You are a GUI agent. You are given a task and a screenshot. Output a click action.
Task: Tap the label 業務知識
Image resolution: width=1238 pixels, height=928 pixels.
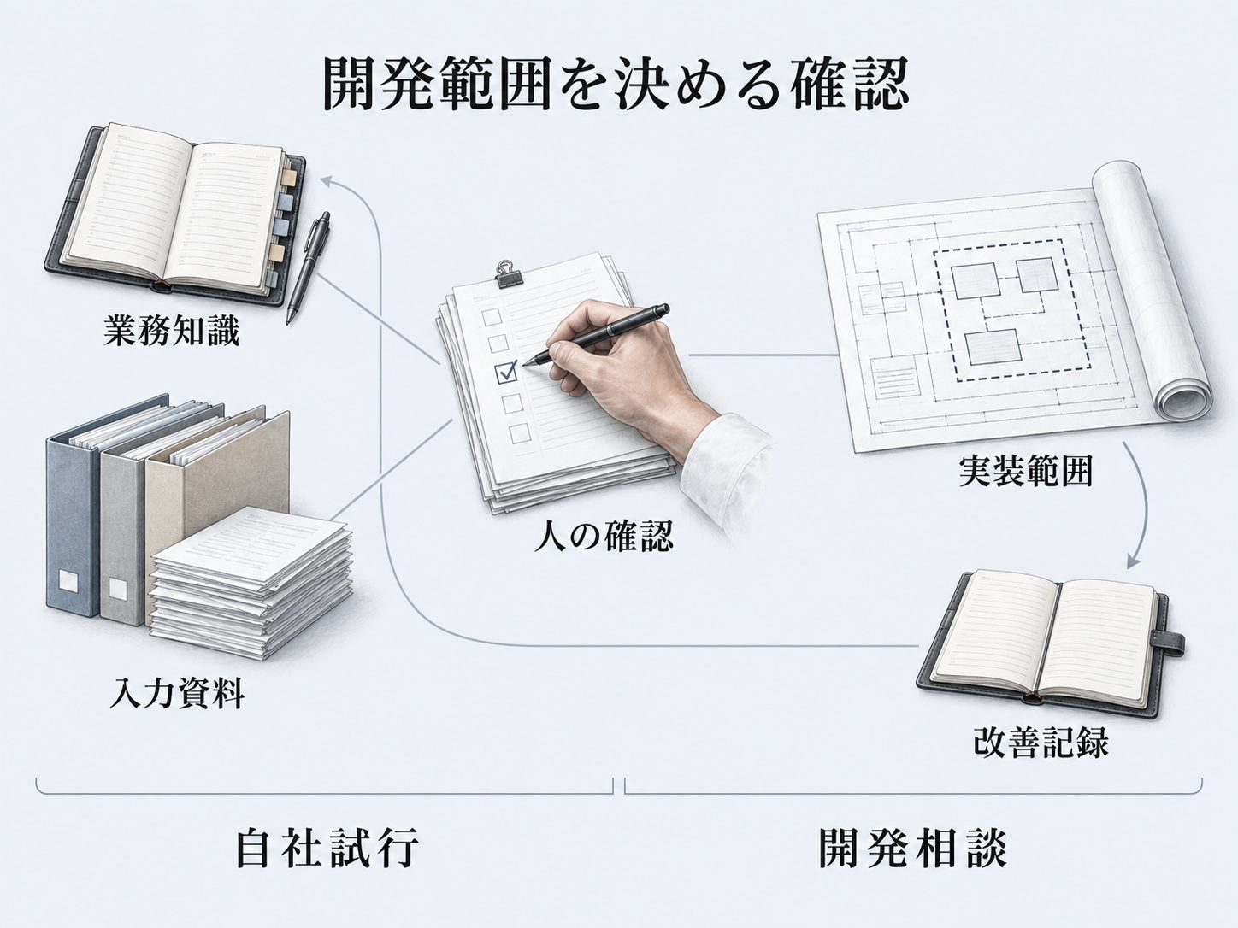[172, 331]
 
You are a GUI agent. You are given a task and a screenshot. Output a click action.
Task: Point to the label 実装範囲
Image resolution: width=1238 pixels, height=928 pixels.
[1025, 471]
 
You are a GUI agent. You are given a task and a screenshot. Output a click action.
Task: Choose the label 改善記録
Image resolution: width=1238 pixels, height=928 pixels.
[1041, 742]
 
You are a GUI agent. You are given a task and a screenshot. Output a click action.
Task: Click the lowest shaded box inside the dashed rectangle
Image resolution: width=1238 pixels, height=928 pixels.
[992, 347]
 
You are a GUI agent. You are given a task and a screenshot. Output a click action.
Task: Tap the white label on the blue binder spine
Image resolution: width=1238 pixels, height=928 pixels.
[69, 581]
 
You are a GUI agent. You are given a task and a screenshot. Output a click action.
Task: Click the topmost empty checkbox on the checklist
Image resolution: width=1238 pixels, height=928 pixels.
[492, 316]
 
